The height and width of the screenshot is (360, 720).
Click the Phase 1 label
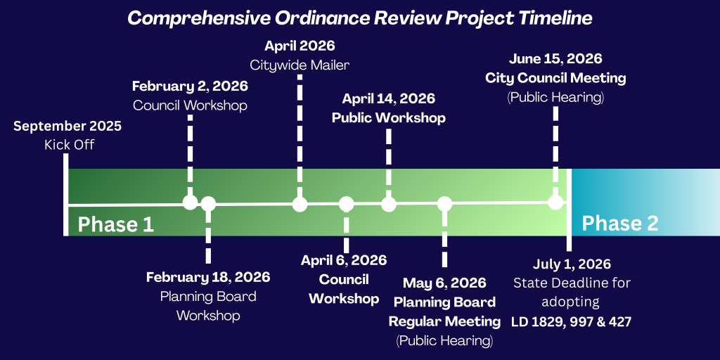pos(115,225)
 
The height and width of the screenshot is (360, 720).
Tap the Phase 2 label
pos(620,223)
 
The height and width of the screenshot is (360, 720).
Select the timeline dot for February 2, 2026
pos(190,202)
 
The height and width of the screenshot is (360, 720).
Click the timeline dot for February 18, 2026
pos(208,203)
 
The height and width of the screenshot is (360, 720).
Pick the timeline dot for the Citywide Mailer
pos(300,204)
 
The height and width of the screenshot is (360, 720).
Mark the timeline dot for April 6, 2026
pos(346,204)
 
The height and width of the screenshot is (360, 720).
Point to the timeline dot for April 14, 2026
pos(388,204)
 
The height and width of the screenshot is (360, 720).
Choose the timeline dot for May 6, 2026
pos(444,204)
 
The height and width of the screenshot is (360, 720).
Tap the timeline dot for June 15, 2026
pos(555,202)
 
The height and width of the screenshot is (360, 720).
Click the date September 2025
pos(67,127)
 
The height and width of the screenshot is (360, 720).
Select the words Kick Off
pos(70,145)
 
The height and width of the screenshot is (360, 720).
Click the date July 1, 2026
pos(572,265)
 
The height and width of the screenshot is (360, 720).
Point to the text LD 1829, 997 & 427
pos(572,322)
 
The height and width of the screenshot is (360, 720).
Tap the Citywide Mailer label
pos(300,65)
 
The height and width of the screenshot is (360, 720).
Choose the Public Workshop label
pos(389,118)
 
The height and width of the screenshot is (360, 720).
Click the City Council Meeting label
pos(555,78)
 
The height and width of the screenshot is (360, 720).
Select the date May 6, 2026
pos(444,283)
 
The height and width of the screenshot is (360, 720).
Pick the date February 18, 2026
pos(208,277)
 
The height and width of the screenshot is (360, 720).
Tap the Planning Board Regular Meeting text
pos(444,311)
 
